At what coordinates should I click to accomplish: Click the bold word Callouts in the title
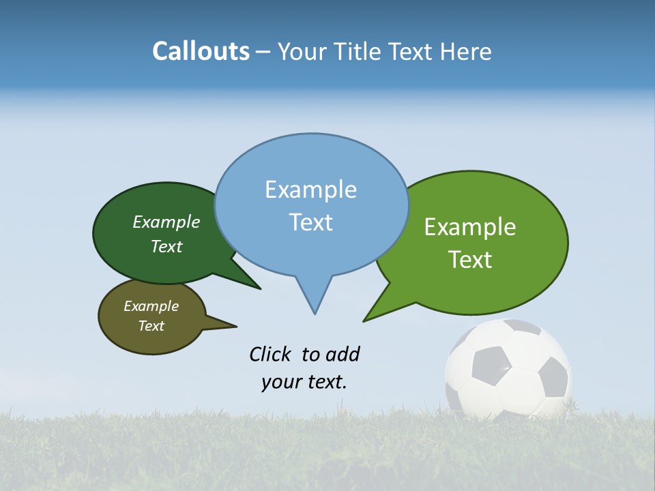pyautogui.click(x=201, y=51)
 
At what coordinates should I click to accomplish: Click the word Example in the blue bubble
pyautogui.click(x=310, y=190)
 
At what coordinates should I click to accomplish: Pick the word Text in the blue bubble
pyautogui.click(x=310, y=222)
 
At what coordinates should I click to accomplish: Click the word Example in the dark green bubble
pyautogui.click(x=166, y=222)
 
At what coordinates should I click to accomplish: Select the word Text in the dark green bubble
pyautogui.click(x=166, y=246)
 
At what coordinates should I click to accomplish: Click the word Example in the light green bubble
pyautogui.click(x=470, y=227)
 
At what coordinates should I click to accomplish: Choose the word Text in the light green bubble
pyautogui.click(x=470, y=259)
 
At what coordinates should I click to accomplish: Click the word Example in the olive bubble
pyautogui.click(x=151, y=306)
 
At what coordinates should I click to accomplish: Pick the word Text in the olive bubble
pyautogui.click(x=151, y=326)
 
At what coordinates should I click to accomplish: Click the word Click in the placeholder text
pyautogui.click(x=272, y=354)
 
